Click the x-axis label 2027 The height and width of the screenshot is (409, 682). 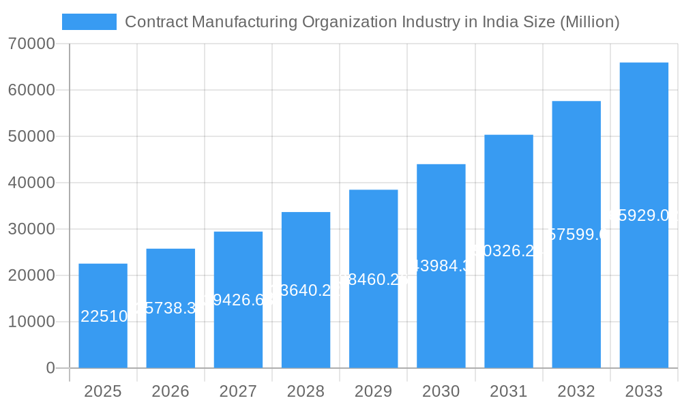pos(238,391)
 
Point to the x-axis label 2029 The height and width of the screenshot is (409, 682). pos(373,391)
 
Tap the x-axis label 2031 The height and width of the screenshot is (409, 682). pos(509,391)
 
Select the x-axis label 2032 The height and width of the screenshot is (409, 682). pos(576,391)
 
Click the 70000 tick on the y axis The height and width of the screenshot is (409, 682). pos(31,44)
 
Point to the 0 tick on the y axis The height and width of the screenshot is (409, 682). pos(50,368)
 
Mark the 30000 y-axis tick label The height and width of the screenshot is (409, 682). pos(31,229)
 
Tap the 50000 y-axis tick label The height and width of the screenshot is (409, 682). pos(31,136)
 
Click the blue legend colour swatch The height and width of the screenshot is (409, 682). pos(89,22)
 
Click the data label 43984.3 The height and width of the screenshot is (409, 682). pos(441,266)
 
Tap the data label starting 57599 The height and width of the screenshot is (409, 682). pos(576,234)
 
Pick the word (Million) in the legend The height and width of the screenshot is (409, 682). pos(589,22)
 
